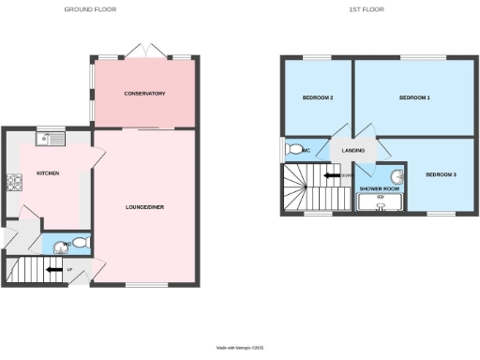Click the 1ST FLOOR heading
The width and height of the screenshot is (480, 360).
point(366,9)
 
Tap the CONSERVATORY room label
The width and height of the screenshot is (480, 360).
point(145,94)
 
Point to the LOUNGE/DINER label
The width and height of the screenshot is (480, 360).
point(145,207)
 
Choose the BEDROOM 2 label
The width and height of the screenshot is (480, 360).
point(318,98)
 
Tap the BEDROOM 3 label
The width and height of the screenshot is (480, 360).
point(439,175)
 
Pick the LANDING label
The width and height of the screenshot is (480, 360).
point(353,149)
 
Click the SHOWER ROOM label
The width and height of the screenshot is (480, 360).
point(380,188)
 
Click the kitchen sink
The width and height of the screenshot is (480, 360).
point(49,140)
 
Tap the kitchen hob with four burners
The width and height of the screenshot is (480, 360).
point(14,182)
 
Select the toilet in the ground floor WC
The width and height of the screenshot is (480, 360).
point(79,243)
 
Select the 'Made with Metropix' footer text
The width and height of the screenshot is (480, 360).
point(240,349)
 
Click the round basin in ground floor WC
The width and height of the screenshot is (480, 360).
point(62,247)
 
